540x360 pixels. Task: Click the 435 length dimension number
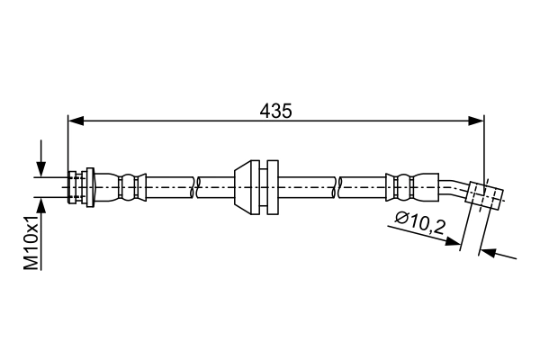click(275, 111)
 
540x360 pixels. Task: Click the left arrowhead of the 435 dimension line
click(75, 120)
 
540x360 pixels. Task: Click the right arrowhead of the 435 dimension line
click(477, 120)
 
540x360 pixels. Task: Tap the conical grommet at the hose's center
click(243, 187)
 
